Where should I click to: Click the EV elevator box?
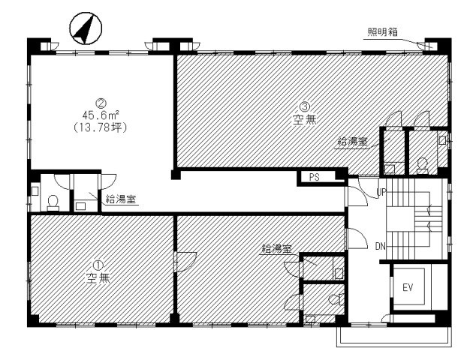(x=408, y=286)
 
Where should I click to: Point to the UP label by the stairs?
(x=381, y=193)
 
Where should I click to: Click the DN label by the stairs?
(x=381, y=246)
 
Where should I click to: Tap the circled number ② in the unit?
(x=98, y=103)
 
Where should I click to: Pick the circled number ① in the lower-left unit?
(x=97, y=264)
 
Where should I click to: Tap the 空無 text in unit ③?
(x=304, y=118)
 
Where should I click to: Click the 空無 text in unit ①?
(x=97, y=277)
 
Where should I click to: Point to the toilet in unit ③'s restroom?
(x=423, y=163)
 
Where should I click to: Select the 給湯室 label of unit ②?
(x=121, y=199)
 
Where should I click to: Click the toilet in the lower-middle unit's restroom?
(x=333, y=300)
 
